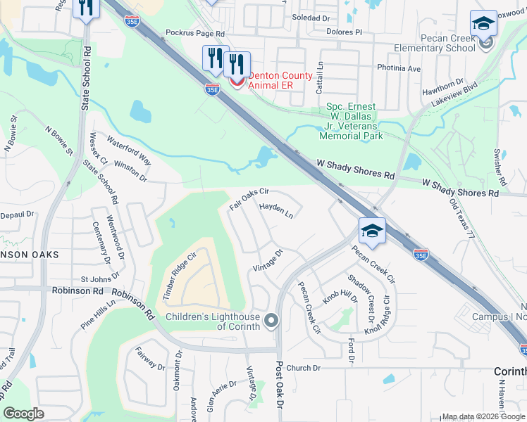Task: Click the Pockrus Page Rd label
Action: pos(194,33)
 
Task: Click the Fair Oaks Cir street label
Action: pos(249,200)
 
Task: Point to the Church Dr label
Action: pos(304,368)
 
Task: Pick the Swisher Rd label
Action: pos(501,167)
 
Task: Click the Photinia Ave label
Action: pos(399,69)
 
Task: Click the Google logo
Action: pos(24,414)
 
